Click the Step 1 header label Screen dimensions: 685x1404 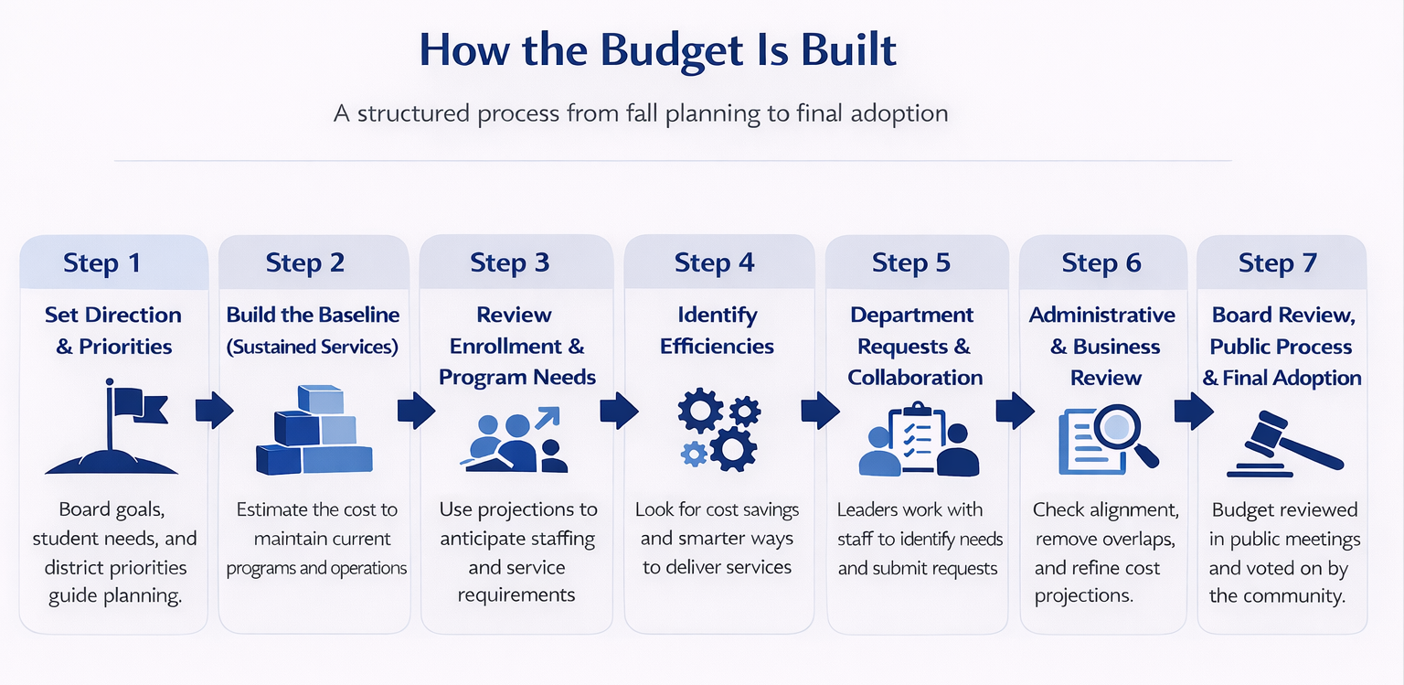[102, 262]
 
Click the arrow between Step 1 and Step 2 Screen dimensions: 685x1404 [214, 411]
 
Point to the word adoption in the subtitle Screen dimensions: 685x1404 [897, 114]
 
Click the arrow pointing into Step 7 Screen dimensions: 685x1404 [1194, 411]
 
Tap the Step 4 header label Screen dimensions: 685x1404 [714, 262]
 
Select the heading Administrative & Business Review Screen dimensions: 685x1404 [1102, 346]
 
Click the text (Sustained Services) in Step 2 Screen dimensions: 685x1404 [314, 347]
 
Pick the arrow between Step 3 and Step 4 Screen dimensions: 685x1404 [619, 411]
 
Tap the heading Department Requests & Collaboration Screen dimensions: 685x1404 [915, 346]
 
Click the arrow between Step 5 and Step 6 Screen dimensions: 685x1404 [1014, 411]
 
